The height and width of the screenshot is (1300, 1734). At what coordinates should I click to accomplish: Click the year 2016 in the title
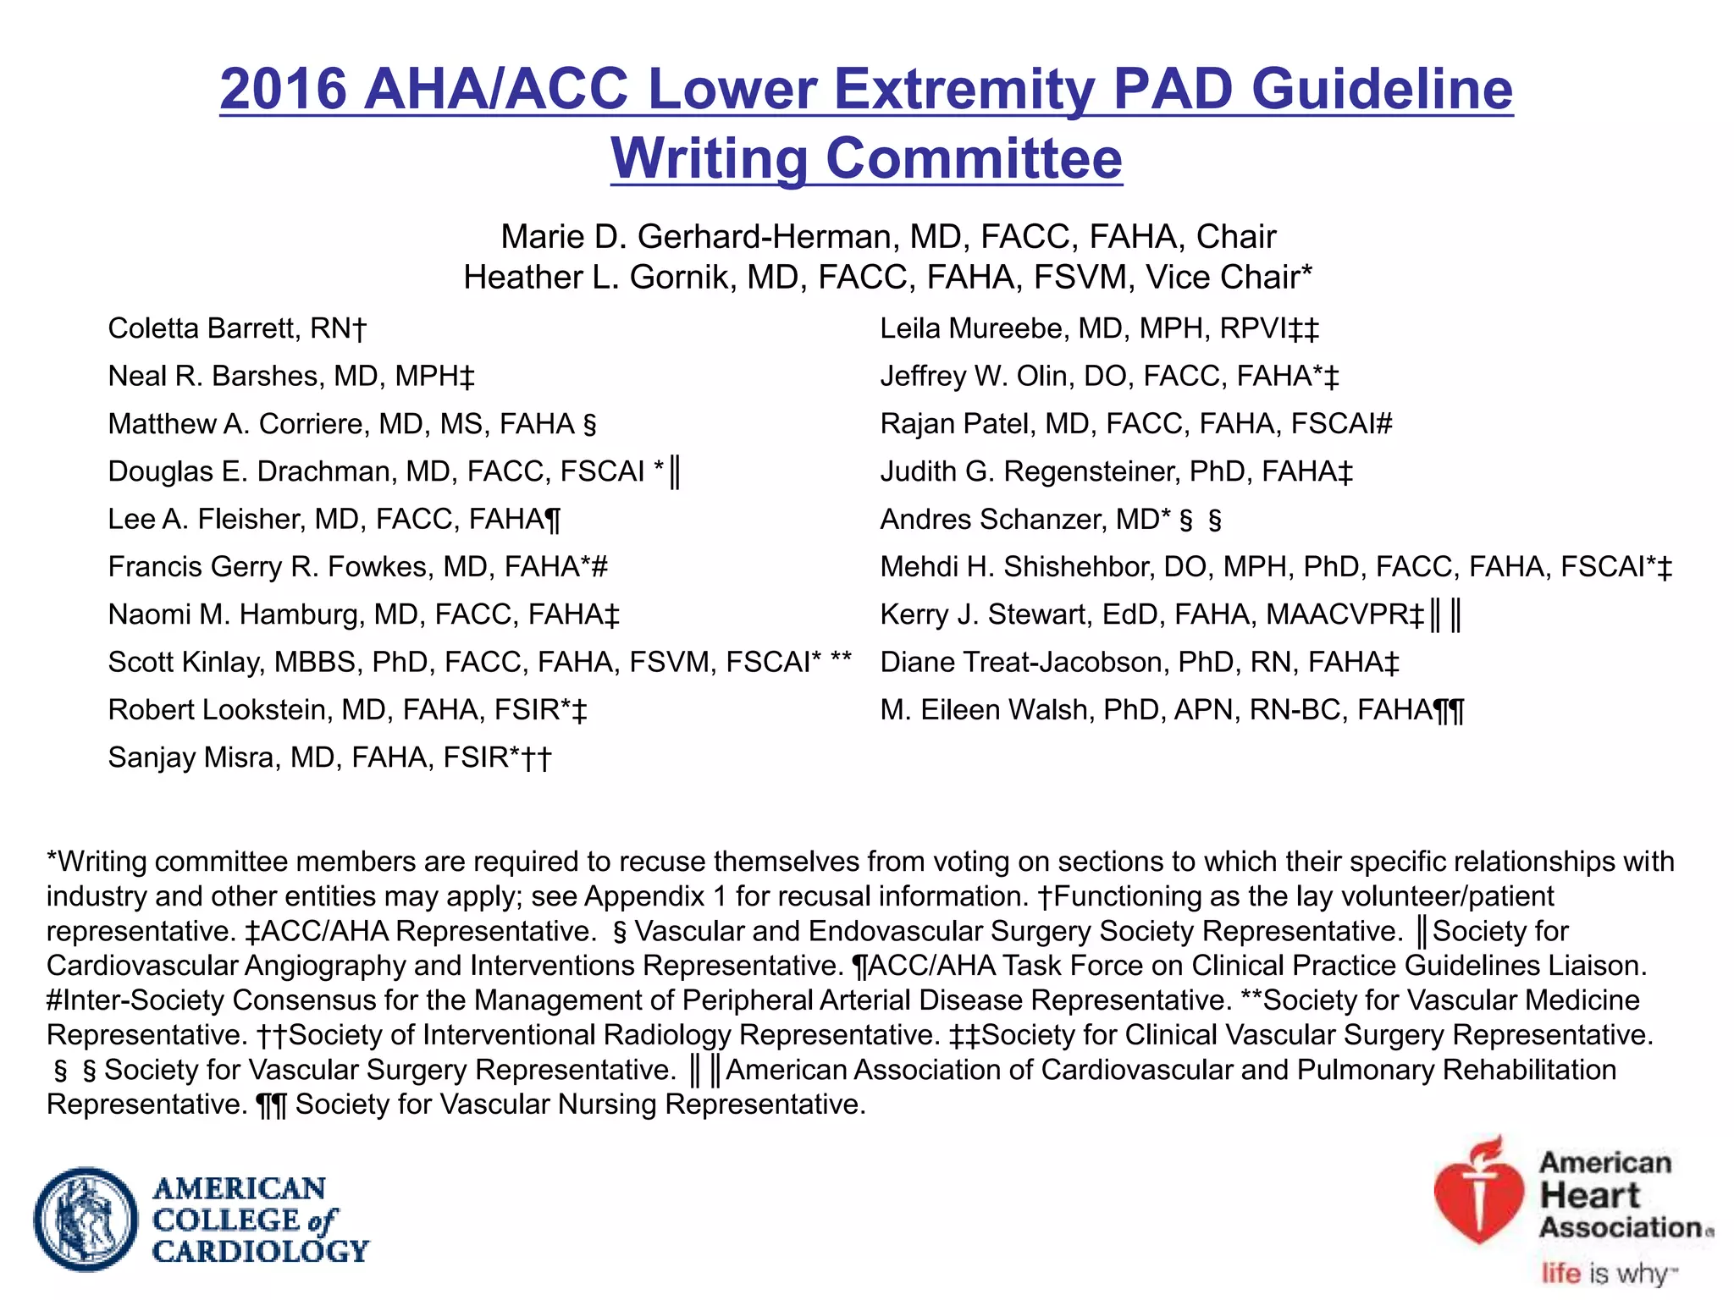(284, 89)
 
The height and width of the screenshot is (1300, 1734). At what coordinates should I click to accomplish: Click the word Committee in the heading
(974, 158)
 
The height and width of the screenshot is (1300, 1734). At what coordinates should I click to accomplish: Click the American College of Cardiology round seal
(86, 1220)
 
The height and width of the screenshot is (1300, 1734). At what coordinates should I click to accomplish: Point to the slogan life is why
(1608, 1273)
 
